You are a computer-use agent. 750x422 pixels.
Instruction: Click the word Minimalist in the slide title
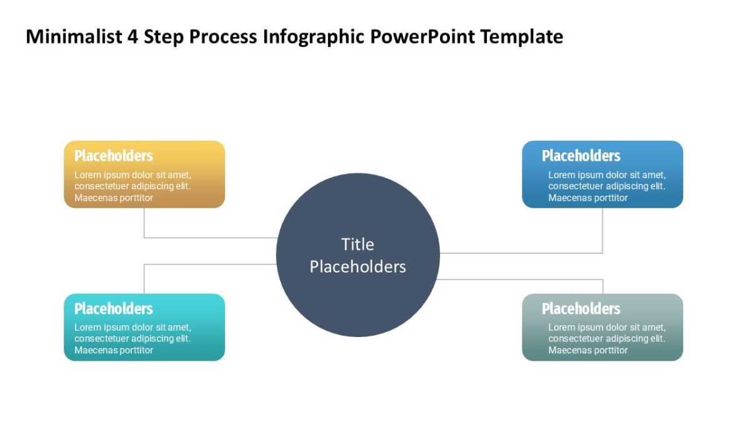pos(74,38)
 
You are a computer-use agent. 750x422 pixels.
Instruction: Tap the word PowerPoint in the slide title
pos(422,38)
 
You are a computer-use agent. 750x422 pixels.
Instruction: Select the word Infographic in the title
pos(314,38)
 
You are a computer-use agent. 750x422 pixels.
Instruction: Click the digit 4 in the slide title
pos(132,38)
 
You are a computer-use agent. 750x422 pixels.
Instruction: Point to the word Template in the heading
pos(521,38)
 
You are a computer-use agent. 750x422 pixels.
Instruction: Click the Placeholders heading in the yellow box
pos(113,156)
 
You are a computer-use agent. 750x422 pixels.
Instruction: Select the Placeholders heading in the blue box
pos(581,156)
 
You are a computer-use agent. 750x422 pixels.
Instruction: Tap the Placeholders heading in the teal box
pos(113,308)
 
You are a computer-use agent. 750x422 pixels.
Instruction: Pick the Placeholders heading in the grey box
pos(581,308)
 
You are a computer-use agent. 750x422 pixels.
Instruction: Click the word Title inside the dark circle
pos(357,244)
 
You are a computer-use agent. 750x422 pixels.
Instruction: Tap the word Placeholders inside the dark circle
pos(357,267)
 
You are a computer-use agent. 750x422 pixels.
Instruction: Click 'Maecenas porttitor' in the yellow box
pos(114,198)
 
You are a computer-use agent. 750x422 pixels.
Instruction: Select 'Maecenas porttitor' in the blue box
pos(587,198)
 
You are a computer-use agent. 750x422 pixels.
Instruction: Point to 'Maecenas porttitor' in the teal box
pos(114,350)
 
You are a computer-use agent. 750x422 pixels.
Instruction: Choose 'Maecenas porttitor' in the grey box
pos(587,350)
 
